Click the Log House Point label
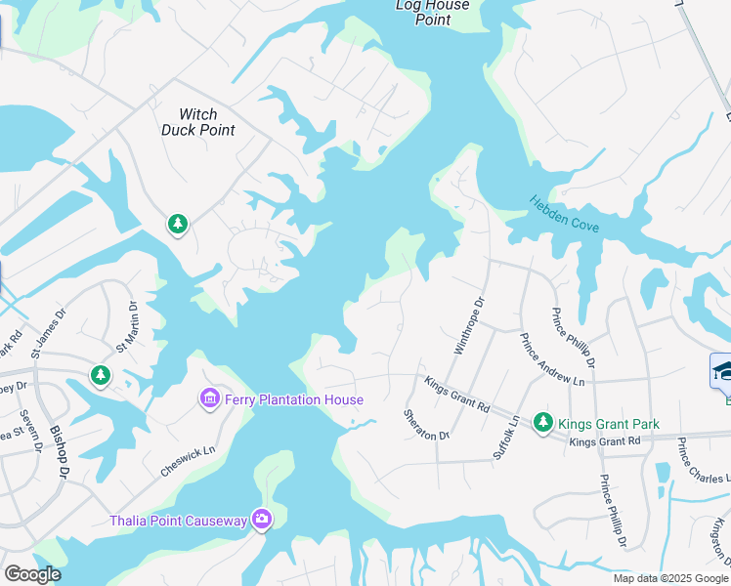click(432, 13)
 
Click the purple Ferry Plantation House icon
click(209, 398)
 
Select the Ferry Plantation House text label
click(293, 399)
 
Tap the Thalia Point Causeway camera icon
click(261, 519)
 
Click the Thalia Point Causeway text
click(178, 520)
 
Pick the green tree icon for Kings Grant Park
click(542, 423)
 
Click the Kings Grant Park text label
click(608, 424)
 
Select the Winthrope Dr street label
click(469, 327)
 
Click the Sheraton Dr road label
click(426, 424)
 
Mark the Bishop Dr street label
click(60, 454)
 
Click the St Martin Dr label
click(128, 326)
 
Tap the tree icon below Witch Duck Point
click(177, 226)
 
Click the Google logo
click(31, 574)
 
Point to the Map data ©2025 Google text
click(670, 578)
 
